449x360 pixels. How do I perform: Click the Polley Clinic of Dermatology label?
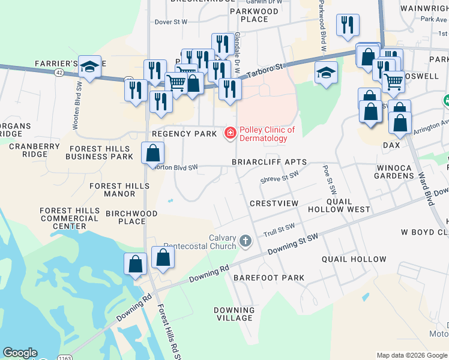[267, 134]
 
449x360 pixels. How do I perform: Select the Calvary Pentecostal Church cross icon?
[245, 241]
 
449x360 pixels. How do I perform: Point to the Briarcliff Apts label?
[270, 162]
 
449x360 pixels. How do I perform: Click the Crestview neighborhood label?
[274, 204]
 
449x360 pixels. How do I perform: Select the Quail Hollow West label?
[339, 205]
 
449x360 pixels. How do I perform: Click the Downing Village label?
[234, 314]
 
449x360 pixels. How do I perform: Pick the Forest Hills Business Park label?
[99, 152]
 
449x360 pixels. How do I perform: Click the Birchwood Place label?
[131, 217]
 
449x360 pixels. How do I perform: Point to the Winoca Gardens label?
[394, 172]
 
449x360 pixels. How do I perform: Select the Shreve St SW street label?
[279, 176]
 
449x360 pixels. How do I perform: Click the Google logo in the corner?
[20, 353]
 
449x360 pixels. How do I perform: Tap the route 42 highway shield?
[58, 72]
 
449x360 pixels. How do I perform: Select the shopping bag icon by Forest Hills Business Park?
[153, 152]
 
